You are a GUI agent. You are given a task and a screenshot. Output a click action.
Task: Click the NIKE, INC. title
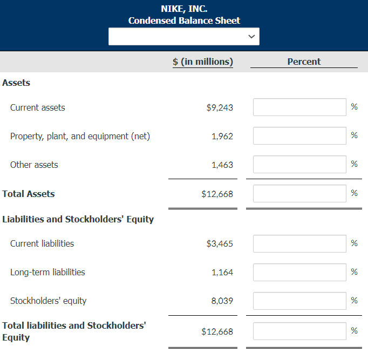click(184, 9)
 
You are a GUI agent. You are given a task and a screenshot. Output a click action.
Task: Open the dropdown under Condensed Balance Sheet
click(184, 37)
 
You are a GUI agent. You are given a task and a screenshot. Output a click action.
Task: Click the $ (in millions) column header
click(203, 62)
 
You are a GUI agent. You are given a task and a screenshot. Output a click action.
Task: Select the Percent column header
click(304, 62)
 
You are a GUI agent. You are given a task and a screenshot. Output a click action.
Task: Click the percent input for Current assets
click(299, 107)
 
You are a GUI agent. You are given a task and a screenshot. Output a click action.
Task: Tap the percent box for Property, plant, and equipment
click(299, 135)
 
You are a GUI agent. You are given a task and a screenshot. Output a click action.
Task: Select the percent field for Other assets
click(299, 164)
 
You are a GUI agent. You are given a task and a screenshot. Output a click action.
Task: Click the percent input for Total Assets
click(299, 193)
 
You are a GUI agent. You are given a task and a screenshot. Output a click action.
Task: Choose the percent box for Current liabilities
click(299, 243)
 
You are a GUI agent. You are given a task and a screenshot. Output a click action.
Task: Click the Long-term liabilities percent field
click(299, 272)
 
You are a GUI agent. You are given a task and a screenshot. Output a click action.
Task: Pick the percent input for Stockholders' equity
click(299, 301)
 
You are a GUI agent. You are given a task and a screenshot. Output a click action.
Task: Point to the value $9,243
click(220, 107)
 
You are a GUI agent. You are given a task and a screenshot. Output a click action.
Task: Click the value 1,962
click(222, 136)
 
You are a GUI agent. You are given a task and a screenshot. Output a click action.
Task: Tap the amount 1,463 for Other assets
click(222, 165)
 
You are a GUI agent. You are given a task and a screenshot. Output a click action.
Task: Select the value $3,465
click(220, 243)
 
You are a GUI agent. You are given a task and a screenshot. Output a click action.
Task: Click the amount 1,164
click(222, 272)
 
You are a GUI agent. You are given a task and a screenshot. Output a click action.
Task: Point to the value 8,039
click(222, 301)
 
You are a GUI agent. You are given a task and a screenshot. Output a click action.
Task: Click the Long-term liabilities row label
click(47, 272)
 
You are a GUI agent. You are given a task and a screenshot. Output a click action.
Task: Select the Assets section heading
click(16, 83)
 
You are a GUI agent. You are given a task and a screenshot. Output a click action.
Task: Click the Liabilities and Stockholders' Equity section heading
click(78, 219)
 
